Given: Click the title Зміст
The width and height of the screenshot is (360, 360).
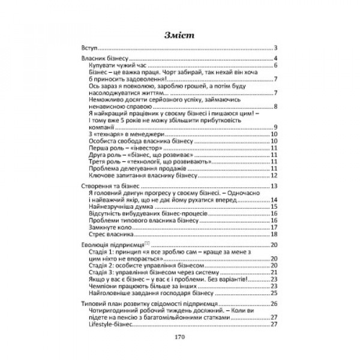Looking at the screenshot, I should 180,34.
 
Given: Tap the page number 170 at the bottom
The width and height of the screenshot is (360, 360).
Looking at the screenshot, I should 180,337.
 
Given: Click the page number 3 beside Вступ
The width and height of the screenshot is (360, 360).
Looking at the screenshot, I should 274,47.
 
